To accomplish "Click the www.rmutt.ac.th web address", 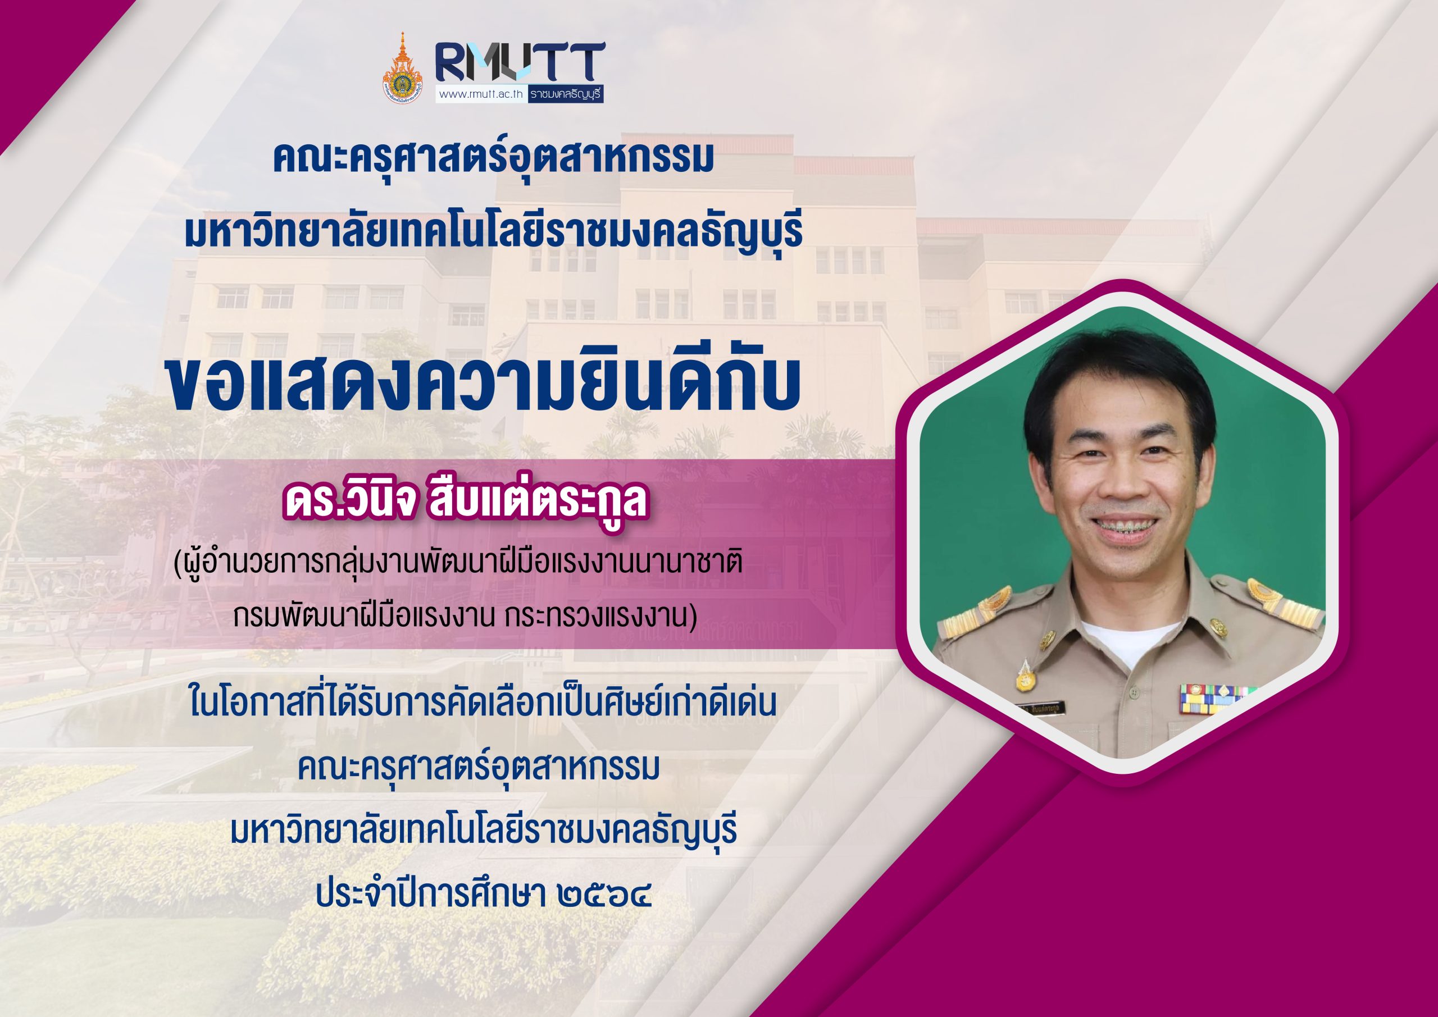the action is pos(481,94).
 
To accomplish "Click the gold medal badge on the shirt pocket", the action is pos(1025,675).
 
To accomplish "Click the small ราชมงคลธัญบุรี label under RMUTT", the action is pos(566,94).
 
